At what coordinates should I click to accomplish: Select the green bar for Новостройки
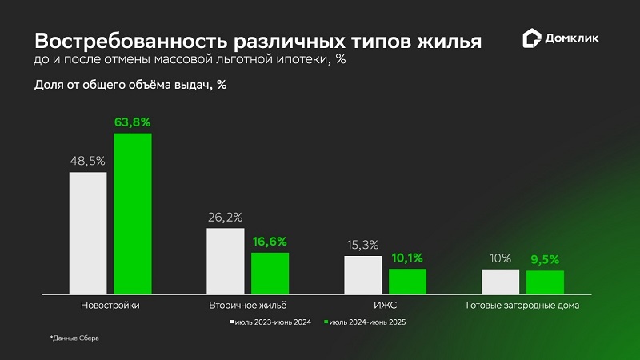coord(133,214)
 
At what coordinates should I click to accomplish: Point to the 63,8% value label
coord(133,122)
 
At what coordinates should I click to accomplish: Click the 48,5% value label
coord(88,161)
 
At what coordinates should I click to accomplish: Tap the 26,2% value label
coord(226,217)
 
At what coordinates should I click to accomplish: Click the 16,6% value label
coord(270,241)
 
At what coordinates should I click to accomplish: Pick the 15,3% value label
coord(363,245)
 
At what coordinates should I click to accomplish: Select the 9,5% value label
coord(545,259)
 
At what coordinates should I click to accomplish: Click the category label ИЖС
coord(386,305)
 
